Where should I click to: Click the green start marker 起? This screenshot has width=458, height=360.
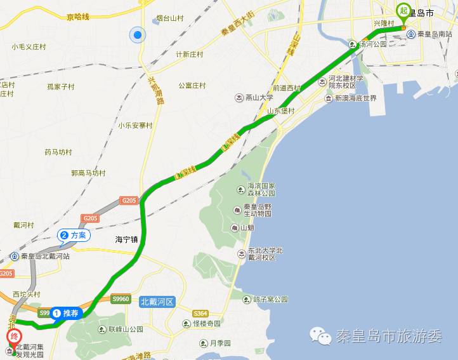pos(403,11)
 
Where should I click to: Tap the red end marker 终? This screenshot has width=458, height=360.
pos(13,337)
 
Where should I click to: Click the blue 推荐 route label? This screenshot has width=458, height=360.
pos(67,313)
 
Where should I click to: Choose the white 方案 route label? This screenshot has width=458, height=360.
pos(74,235)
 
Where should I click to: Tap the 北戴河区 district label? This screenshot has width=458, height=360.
pos(157,302)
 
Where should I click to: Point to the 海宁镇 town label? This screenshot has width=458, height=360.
pos(127,240)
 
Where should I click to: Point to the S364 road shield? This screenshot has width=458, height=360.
pos(200,313)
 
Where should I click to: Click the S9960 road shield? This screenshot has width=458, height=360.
pos(121,298)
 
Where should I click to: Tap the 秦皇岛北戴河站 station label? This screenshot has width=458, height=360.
pos(44,257)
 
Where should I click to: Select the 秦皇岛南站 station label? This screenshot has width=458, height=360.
pos(435,34)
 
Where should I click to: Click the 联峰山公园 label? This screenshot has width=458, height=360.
pos(123,329)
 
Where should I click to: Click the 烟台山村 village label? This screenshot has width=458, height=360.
pos(170,19)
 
